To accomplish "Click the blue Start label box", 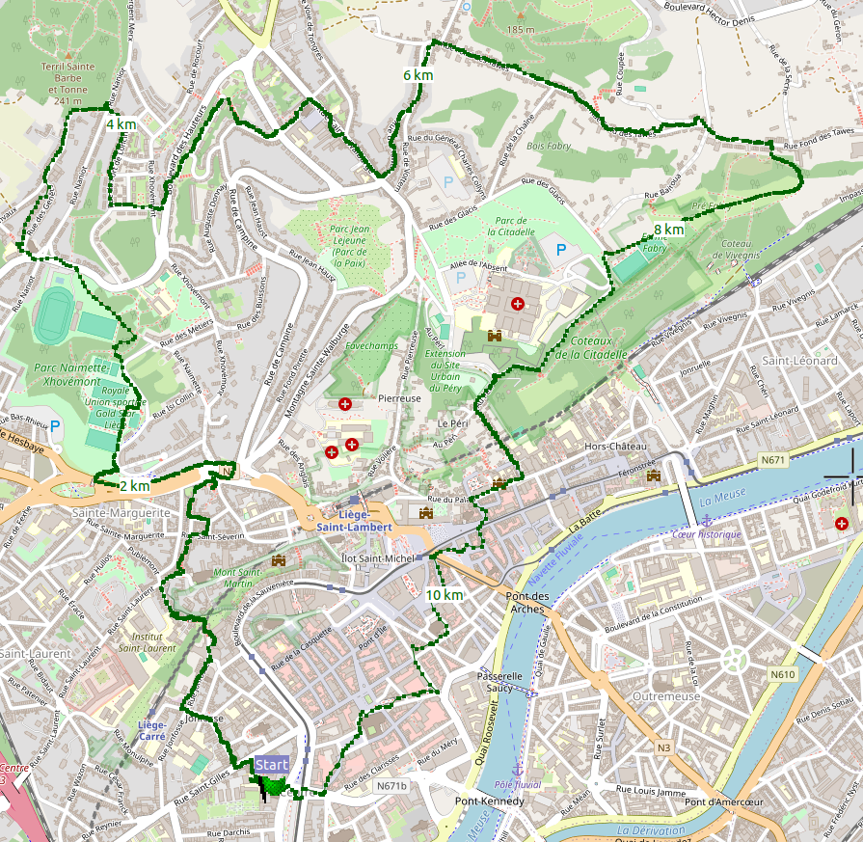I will point(271,765).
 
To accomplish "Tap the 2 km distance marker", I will point(134,485).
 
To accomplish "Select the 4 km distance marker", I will point(121,124).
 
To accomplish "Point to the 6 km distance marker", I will point(418,75).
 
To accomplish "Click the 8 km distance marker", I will point(668,230).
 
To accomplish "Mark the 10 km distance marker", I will point(445,595).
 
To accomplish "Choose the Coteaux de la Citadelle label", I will point(599,347).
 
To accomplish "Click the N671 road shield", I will point(772,461).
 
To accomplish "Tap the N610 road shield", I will point(783,674).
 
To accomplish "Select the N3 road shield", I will point(663,747).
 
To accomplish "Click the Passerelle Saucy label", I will point(500,683).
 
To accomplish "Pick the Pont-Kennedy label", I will point(490,801).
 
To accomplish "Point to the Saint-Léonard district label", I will point(799,360).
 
